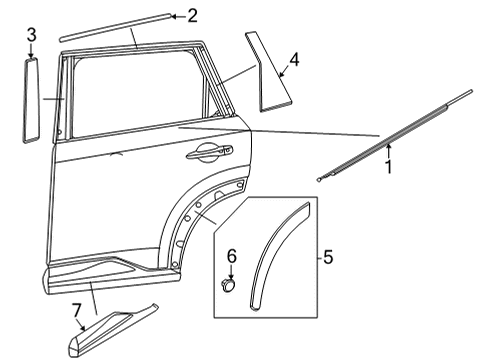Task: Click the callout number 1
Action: tap(388, 166)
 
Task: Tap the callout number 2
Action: tap(192, 14)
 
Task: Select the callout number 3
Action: tap(31, 37)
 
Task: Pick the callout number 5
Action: tap(327, 258)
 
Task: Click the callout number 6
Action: tap(231, 257)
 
